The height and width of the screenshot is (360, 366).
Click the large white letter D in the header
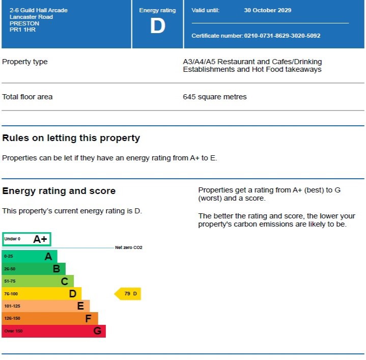coord(157,26)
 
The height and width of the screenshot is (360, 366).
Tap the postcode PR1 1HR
coord(22,30)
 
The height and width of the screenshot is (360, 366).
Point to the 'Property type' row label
coord(25,62)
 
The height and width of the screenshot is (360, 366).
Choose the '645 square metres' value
coord(214,97)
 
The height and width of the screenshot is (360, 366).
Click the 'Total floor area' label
coord(27,97)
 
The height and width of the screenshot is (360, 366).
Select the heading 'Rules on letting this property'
coord(71,138)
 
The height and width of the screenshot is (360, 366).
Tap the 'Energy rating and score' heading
coord(59,191)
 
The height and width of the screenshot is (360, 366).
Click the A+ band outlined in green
coord(27,239)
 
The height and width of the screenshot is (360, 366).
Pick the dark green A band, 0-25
coord(30,256)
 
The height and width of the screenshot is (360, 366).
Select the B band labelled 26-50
coord(34,269)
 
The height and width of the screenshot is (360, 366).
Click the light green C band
coord(38,281)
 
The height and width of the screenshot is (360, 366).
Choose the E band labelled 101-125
coord(46,306)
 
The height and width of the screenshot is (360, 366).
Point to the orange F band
coord(50,318)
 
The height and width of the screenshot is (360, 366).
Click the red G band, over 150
coord(53,331)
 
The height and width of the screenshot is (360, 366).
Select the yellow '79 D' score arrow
coord(128,294)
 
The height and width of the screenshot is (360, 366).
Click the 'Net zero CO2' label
coord(129,247)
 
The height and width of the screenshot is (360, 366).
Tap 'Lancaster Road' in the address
coord(31,17)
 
